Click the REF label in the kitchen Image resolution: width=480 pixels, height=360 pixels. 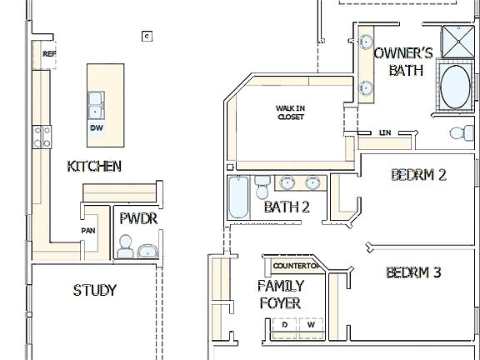pos(48,53)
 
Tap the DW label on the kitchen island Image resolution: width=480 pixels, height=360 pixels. pos(97,127)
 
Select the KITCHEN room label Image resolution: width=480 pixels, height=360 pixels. pos(94,167)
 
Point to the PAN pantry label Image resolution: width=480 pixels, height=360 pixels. pos(87,231)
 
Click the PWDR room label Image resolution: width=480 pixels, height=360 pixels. pos(137,219)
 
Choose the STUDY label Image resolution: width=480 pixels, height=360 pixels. pos(94,291)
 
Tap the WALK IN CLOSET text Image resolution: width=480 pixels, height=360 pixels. pos(290,112)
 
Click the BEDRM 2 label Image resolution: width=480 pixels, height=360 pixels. pos(418,175)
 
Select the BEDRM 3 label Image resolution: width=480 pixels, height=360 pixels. pos(413,272)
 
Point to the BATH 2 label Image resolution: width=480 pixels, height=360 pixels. pos(287,207)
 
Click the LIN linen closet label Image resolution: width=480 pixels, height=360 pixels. pos(384,132)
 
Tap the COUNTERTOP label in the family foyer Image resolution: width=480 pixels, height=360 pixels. pos(296,266)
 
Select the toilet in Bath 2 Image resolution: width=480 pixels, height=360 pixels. pos(262,182)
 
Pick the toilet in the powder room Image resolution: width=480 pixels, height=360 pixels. pos(125,245)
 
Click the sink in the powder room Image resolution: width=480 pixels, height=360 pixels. pos(148,250)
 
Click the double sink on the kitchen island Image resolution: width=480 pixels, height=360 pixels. pos(97,104)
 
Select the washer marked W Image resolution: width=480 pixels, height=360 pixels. pos(312,326)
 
